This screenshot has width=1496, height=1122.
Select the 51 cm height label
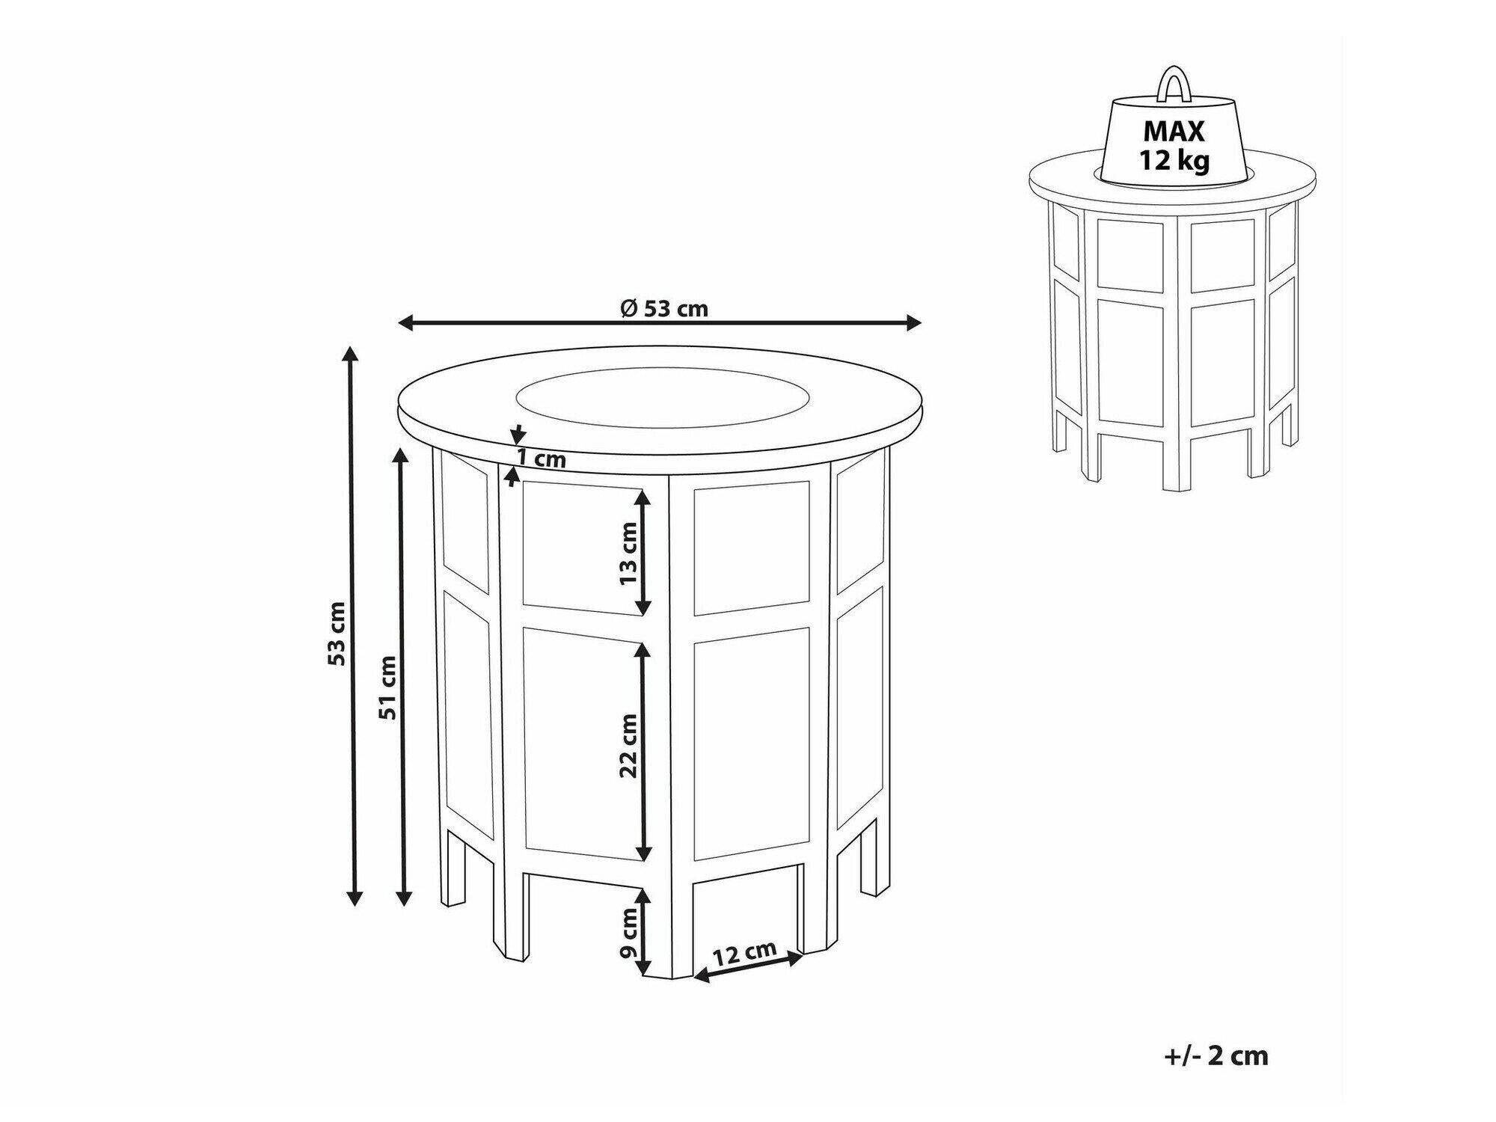[387, 687]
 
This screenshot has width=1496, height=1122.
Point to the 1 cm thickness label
[541, 459]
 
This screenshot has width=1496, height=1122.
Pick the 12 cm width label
[744, 954]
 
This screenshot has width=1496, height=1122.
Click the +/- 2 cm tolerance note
[1216, 1055]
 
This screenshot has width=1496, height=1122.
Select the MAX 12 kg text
[1174, 144]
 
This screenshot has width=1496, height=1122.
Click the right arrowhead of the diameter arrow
[912, 323]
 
